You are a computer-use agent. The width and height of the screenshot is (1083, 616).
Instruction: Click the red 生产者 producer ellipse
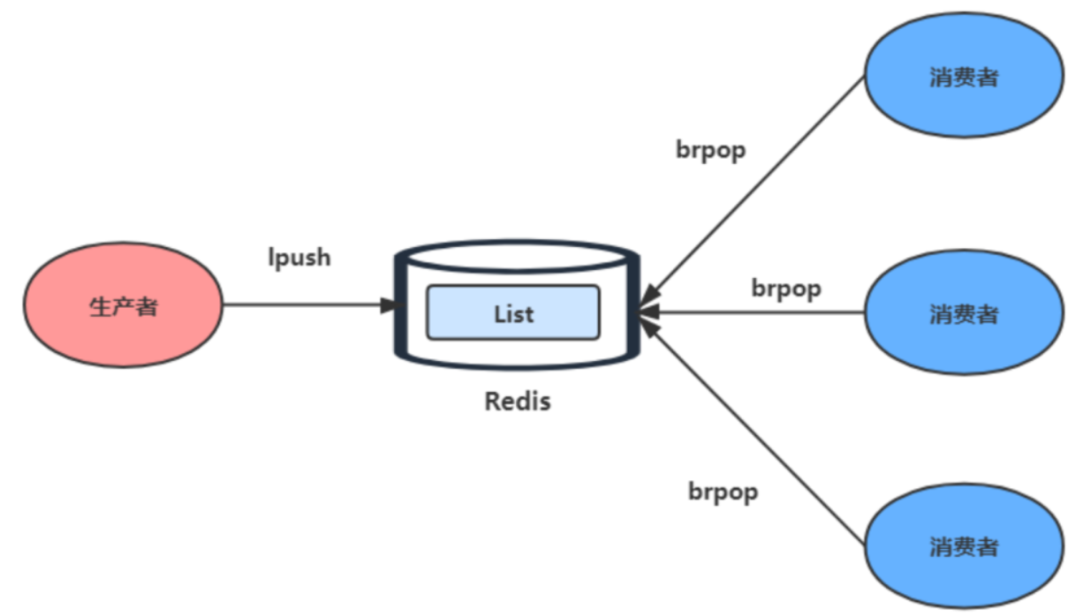point(124,304)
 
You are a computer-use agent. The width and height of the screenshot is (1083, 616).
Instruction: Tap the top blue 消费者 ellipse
point(964,75)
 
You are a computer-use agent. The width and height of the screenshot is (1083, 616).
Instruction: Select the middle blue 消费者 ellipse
point(964,312)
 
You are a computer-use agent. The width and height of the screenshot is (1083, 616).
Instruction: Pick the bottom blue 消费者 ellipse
point(964,546)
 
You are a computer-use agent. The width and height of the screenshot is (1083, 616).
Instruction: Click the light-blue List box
point(513,312)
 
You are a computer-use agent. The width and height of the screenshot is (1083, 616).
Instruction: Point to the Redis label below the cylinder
point(518,401)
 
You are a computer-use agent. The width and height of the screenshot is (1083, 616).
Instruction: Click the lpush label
point(299,258)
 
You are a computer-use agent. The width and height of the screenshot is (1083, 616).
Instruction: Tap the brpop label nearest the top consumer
point(711,151)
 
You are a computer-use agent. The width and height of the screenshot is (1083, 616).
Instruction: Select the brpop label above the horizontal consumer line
point(786,289)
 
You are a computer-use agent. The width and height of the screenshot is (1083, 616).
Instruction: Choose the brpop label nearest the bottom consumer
point(723,492)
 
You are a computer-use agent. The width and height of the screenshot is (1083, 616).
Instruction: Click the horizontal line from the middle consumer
point(751,312)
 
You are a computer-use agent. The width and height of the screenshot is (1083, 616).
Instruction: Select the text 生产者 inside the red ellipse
point(124,307)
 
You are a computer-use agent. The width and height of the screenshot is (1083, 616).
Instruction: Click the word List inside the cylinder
point(513,314)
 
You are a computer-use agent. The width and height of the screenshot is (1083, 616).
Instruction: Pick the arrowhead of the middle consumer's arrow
point(648,312)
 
